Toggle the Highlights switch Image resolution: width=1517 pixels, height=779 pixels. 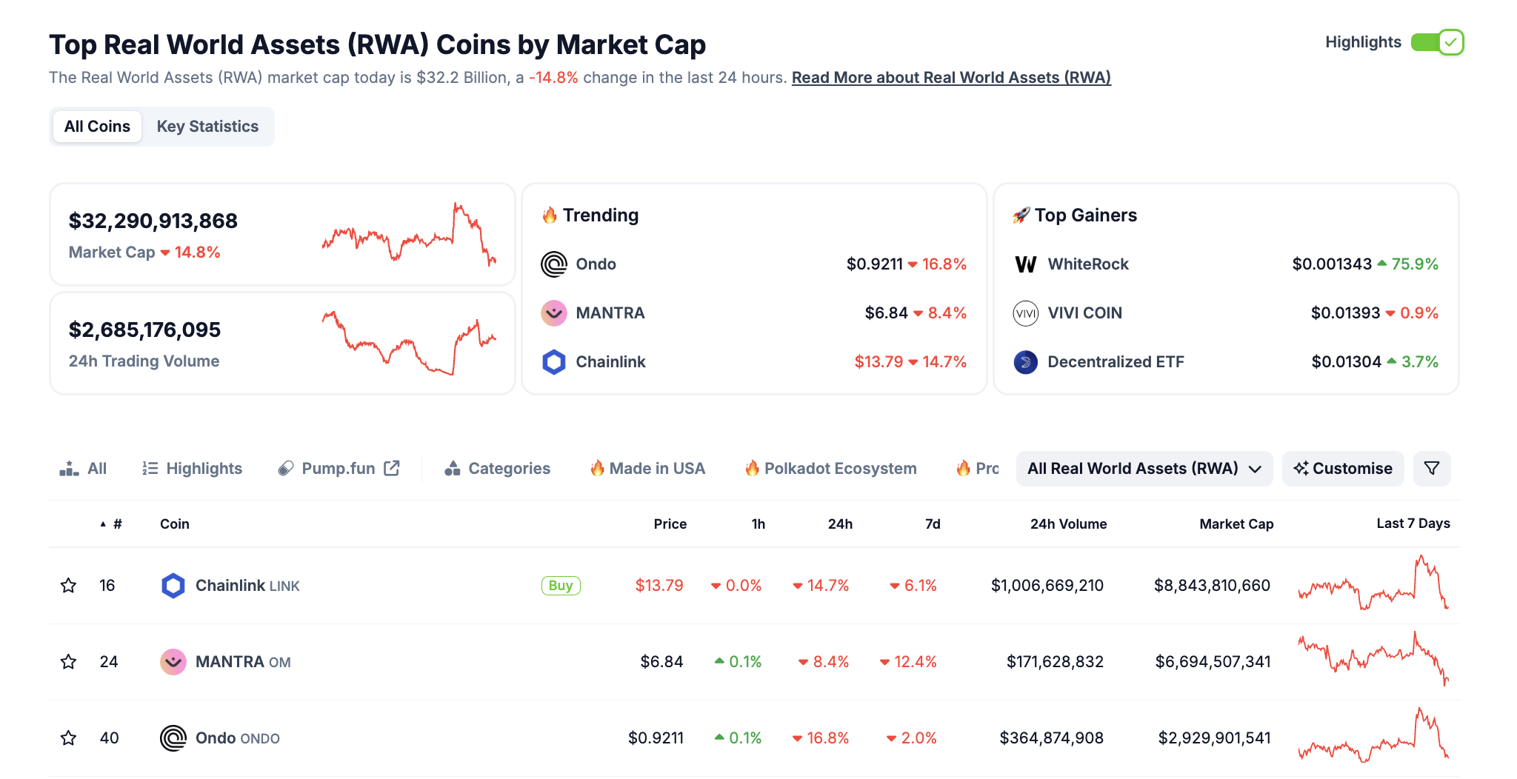1437,42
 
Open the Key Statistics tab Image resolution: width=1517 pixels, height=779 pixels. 207,127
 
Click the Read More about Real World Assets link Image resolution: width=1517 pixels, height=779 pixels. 951,78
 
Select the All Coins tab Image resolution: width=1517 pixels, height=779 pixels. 97,127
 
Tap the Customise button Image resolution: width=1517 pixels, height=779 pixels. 1343,469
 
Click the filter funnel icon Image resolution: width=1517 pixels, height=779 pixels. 1432,469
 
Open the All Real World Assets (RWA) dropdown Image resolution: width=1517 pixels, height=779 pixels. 1144,469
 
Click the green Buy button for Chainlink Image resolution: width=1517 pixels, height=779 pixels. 561,586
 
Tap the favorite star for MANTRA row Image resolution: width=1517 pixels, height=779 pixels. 69,662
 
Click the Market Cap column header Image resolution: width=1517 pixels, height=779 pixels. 1236,524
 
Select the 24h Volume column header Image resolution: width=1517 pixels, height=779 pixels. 1068,524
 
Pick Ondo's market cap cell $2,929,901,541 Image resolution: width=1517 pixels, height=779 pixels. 1214,738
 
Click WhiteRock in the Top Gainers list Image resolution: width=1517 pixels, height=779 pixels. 1088,264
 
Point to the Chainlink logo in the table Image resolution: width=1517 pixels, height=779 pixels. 173,586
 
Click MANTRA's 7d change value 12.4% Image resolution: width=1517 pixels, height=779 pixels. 915,662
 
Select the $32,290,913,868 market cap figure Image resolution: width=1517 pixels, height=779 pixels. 153,221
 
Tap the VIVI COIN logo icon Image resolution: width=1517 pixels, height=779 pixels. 1026,313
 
